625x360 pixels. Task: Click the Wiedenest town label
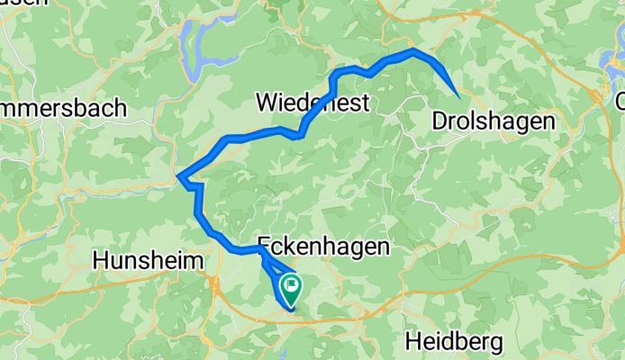tap(312, 103)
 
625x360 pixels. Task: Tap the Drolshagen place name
tap(494, 120)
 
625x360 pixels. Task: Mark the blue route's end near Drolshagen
tap(459, 95)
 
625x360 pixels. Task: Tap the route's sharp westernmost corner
tap(178, 175)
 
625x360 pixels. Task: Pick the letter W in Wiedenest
tap(267, 103)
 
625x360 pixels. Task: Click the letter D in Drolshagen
tap(440, 120)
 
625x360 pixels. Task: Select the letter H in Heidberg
tap(413, 341)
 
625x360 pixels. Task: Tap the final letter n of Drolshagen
tap(548, 120)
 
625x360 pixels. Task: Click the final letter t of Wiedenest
tap(365, 103)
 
